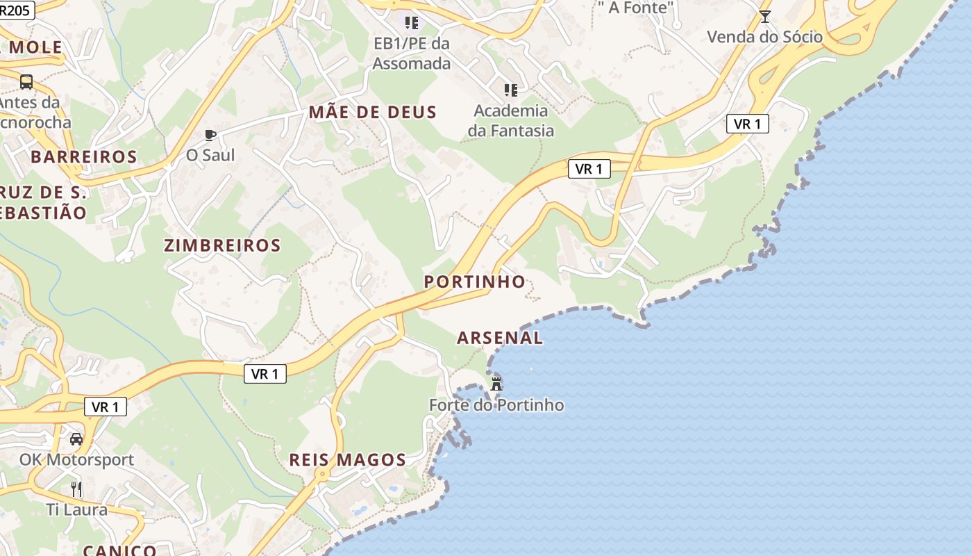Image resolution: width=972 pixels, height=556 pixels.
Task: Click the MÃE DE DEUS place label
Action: [x=373, y=112]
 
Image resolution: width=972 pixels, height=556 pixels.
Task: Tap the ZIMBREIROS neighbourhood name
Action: [x=222, y=245]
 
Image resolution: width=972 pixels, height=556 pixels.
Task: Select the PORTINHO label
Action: [x=474, y=281]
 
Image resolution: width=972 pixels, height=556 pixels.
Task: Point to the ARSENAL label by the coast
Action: [x=500, y=338]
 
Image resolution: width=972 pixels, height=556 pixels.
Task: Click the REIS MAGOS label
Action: [x=347, y=459]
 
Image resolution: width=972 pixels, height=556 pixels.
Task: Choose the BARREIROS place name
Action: [x=83, y=156]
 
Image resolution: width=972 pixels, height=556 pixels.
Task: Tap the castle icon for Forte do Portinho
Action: [x=496, y=383]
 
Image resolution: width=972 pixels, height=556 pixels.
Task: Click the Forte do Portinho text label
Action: [x=496, y=405]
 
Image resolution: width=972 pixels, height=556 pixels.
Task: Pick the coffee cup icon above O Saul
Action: [x=210, y=135]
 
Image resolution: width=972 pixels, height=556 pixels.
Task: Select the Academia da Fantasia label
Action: [x=511, y=120]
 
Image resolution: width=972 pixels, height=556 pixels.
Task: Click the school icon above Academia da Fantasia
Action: [x=511, y=90]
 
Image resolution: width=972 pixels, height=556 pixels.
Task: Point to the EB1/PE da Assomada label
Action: [x=412, y=54]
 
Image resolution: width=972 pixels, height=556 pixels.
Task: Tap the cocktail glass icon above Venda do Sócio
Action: [x=764, y=17]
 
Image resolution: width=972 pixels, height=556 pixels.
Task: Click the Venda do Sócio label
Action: [x=764, y=37]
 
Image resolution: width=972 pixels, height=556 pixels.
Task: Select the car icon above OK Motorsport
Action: [x=76, y=439]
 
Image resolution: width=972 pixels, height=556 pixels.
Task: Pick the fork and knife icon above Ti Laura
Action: [x=76, y=489]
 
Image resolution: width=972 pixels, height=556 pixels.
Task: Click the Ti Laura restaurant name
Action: [x=76, y=509]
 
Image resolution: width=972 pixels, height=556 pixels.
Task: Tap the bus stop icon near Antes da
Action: [x=26, y=82]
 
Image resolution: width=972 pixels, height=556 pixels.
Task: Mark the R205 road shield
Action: [x=15, y=9]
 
